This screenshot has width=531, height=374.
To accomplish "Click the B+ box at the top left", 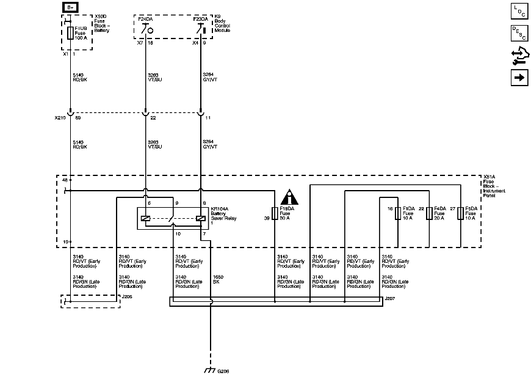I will (x=71, y=7).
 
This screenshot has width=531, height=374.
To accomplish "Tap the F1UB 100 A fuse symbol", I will (x=71, y=33).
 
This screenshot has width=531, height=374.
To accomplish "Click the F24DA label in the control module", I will (x=145, y=19).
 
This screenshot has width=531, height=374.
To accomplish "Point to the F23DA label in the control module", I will (x=200, y=19).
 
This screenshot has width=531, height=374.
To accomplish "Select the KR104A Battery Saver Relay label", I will (x=223, y=216).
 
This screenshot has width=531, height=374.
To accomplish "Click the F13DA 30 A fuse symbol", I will (x=275, y=213).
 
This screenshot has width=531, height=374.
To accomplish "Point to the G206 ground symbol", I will (x=210, y=369).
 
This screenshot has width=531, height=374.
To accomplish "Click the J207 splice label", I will (x=391, y=298).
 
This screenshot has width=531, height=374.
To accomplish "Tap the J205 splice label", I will (x=127, y=297).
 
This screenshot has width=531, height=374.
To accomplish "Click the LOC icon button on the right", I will (x=519, y=12).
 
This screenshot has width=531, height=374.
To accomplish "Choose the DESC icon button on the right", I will (x=519, y=34).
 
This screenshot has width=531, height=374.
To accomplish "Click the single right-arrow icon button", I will (x=519, y=78).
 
